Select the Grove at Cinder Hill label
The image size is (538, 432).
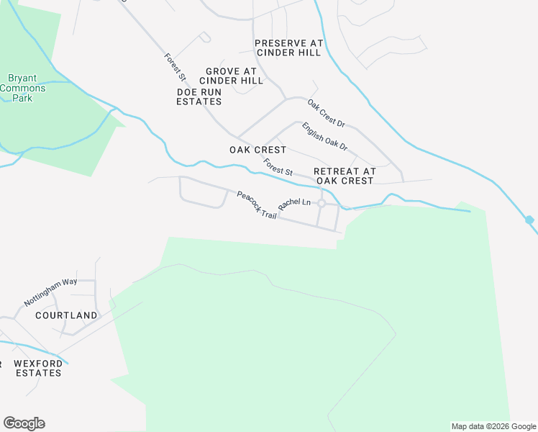pyautogui.click(x=231, y=76)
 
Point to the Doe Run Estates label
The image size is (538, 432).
pyautogui.click(x=199, y=96)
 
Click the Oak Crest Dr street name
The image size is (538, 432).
pyautogui.click(x=327, y=114)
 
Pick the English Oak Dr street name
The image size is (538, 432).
pyautogui.click(x=324, y=137)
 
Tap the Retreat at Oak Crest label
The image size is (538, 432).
pyautogui.click(x=345, y=176)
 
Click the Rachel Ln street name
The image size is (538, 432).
pyautogui.click(x=294, y=204)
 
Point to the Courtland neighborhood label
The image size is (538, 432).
pyautogui.click(x=66, y=315)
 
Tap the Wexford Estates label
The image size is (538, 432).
pyautogui.click(x=38, y=368)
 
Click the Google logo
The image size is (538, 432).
pyautogui.click(x=24, y=423)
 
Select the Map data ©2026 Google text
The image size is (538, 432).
pyautogui.click(x=493, y=426)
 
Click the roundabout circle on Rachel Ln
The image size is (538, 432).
pyautogui.click(x=322, y=204)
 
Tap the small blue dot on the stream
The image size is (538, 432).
pyautogui.click(x=529, y=220)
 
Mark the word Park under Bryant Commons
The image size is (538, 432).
pyautogui.click(x=22, y=98)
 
